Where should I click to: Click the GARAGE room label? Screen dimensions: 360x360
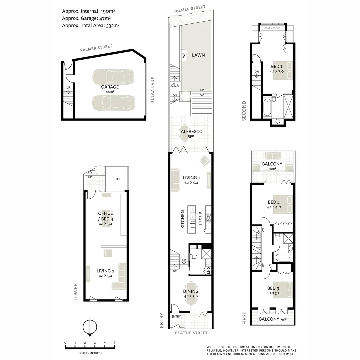coord(110,87)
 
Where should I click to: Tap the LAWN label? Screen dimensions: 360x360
coord(198,55)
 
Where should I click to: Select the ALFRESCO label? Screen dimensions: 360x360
coord(192,132)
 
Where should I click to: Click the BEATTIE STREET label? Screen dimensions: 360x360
coord(191,333)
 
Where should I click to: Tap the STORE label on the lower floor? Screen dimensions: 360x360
coord(117,179)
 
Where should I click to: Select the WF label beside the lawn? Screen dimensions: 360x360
coord(183,55)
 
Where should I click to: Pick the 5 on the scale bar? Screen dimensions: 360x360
coord(114,343)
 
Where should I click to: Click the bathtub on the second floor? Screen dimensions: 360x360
coord(267,107)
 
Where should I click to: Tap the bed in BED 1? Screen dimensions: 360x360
coord(283,70)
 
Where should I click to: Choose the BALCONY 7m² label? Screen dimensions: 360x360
coord(273,319)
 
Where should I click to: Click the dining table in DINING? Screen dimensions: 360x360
coord(191,294)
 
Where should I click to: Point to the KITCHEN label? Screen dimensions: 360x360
coord(183,219)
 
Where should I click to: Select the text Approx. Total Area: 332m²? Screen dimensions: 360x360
coord(91,25)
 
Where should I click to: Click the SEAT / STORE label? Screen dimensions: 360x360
coord(272,28)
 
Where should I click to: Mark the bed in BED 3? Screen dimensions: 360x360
coord(283,290)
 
